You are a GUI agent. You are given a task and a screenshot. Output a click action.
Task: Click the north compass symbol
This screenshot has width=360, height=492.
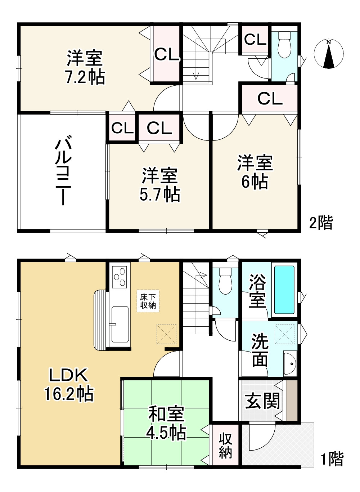(x=328, y=54)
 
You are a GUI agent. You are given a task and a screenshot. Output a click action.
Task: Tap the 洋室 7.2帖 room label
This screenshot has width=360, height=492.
(x=85, y=67)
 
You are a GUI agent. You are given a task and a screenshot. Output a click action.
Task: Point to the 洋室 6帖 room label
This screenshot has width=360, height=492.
(x=255, y=172)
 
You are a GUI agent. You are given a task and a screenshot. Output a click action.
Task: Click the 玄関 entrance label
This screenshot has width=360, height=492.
(x=262, y=400)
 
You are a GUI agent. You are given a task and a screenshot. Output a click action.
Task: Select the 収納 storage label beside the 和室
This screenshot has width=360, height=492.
(x=225, y=446)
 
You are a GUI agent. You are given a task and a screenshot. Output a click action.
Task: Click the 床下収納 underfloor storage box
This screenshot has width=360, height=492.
(x=148, y=301)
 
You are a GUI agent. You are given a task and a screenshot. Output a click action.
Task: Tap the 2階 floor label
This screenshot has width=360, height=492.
(x=321, y=223)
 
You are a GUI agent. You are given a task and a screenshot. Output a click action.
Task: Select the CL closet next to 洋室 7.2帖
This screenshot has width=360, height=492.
(x=167, y=54)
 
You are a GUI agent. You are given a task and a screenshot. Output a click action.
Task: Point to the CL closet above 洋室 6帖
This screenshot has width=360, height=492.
(x=270, y=98)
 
